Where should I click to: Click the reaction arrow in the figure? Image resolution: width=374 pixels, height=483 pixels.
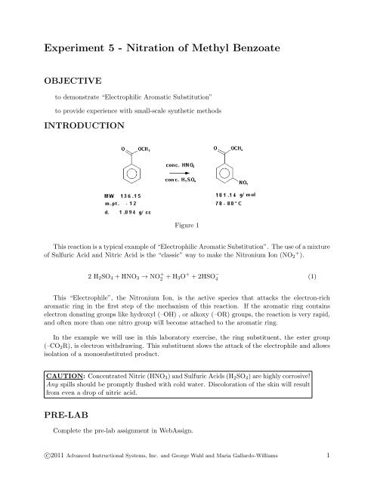coord(182,171)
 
